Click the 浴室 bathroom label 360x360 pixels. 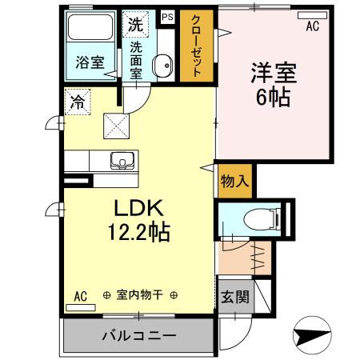90,62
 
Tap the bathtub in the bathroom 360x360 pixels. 90,30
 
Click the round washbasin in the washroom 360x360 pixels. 162,66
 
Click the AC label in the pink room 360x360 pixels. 314,26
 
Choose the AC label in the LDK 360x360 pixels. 81,295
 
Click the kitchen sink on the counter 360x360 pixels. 123,160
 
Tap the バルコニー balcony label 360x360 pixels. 138,334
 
